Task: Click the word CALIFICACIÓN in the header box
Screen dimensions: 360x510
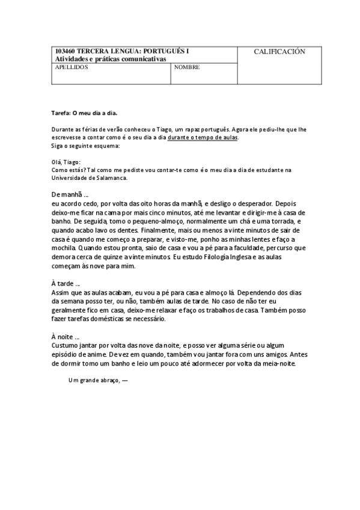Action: coord(279,52)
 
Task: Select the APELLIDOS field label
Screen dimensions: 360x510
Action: coord(72,67)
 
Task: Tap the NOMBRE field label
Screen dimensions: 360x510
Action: coord(187,67)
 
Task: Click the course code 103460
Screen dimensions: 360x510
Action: coord(65,51)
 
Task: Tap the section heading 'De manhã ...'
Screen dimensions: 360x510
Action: coord(70,195)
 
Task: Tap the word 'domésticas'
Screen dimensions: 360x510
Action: coord(106,319)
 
